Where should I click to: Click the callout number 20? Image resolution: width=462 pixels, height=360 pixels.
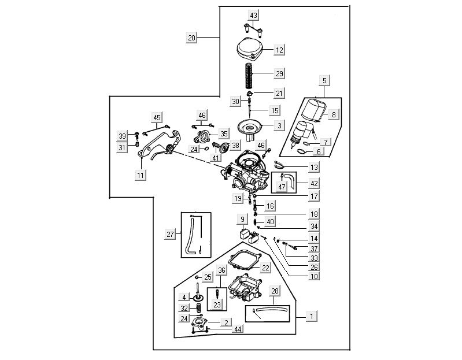coord(192,38)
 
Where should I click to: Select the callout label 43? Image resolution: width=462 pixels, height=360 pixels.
coord(254,14)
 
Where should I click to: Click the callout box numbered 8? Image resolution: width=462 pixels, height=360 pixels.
coord(333,115)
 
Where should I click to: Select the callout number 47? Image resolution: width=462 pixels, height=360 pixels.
coord(282,187)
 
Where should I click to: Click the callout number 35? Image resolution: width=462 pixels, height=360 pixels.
coord(224,133)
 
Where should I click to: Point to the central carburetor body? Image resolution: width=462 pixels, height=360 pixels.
coord(246,173)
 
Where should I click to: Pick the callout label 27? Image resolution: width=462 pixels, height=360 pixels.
coord(170,235)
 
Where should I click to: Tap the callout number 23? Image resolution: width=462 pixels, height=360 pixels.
coord(217,305)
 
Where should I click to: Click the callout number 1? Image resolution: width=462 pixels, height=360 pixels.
coord(312,316)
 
